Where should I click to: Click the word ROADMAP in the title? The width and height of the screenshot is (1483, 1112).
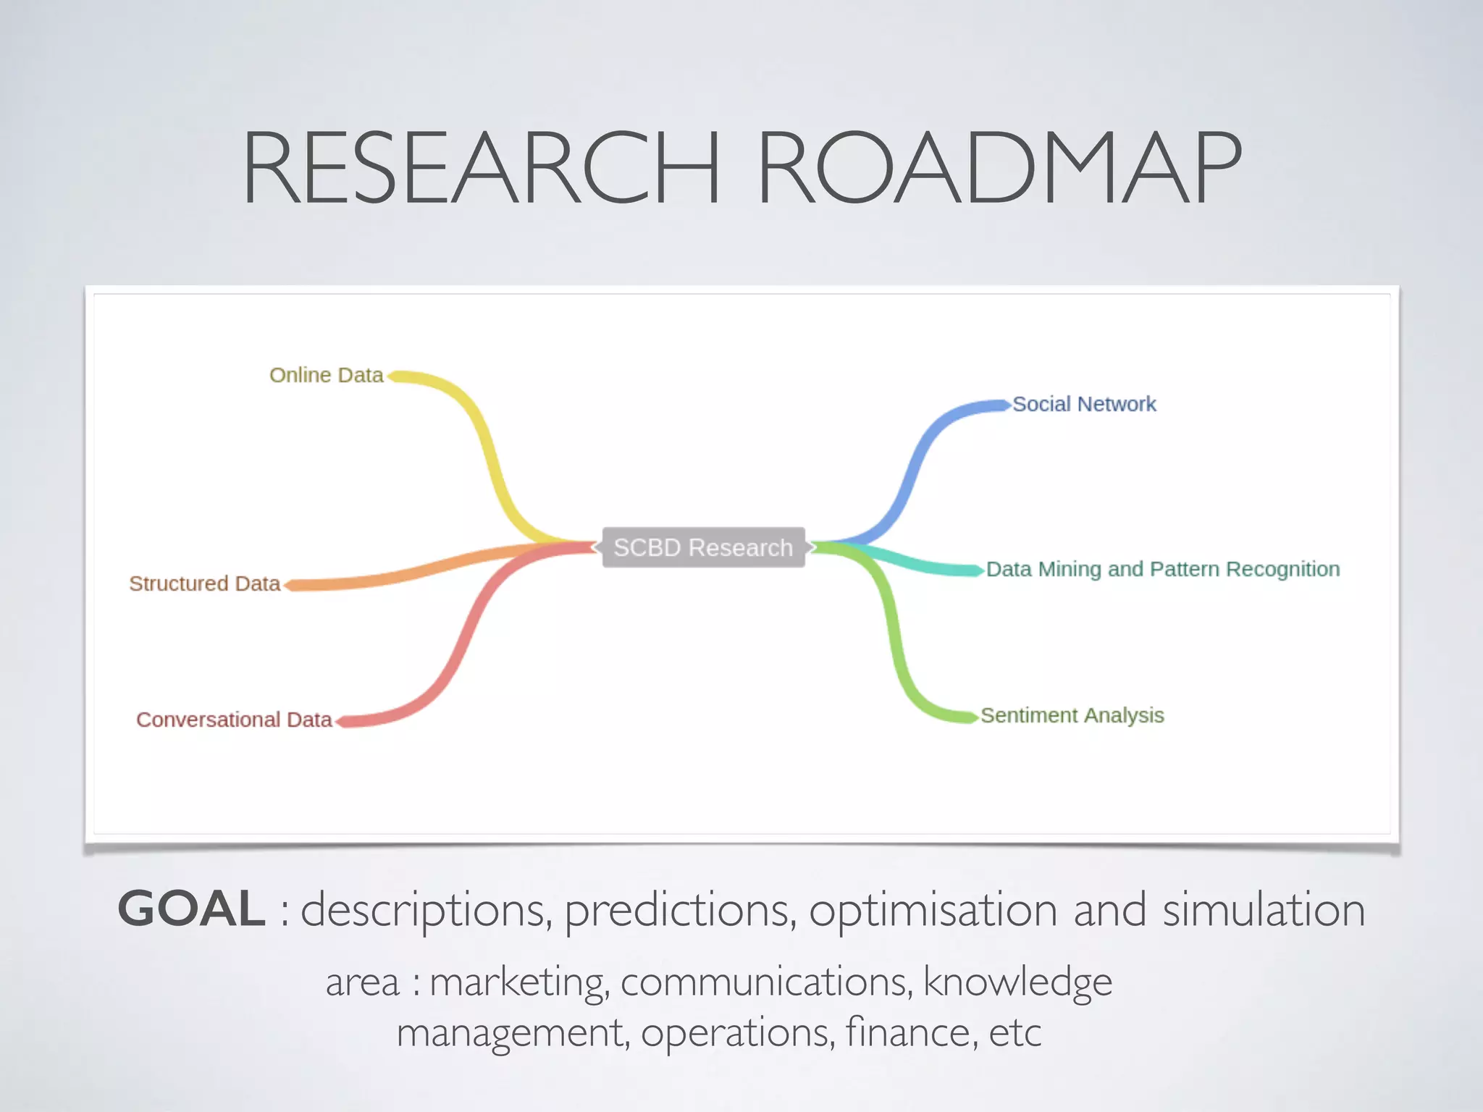(999, 168)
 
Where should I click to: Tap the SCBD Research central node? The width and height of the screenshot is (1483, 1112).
(703, 547)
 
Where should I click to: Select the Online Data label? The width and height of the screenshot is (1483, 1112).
(326, 375)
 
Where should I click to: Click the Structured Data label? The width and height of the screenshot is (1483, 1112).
(204, 584)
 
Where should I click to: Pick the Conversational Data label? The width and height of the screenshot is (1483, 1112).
(234, 720)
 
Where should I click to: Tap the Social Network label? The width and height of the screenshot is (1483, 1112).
(1084, 404)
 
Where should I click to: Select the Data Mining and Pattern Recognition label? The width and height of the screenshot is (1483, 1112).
(1162, 569)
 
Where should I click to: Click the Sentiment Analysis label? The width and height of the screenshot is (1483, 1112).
(1072, 715)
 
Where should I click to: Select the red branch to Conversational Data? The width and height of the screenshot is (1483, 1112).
(463, 637)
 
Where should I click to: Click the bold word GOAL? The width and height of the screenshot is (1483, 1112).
(191, 909)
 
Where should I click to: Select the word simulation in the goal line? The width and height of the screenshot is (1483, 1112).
(1264, 911)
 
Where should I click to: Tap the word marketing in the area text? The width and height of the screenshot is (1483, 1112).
(518, 983)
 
